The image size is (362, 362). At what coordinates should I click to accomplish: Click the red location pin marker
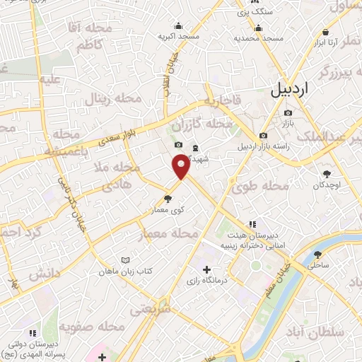(181, 168)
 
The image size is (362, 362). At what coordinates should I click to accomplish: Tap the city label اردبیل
(291, 90)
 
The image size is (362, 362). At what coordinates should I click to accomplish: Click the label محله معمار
(176, 233)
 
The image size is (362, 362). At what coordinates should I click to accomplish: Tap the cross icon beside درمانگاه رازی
(206, 269)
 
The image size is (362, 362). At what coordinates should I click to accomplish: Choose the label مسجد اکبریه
(178, 36)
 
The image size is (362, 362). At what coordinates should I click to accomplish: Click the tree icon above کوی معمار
(168, 199)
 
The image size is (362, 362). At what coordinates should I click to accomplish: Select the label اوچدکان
(327, 185)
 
